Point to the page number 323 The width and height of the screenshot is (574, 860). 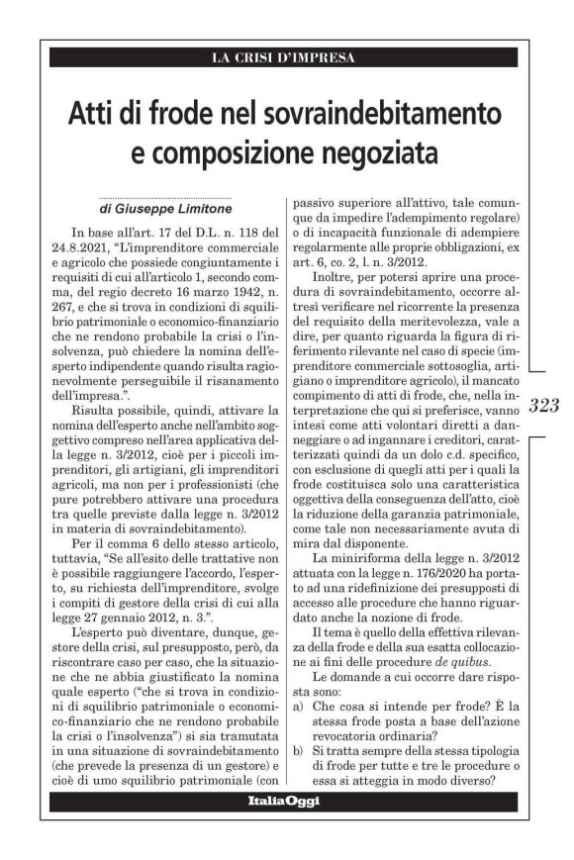tap(544, 405)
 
